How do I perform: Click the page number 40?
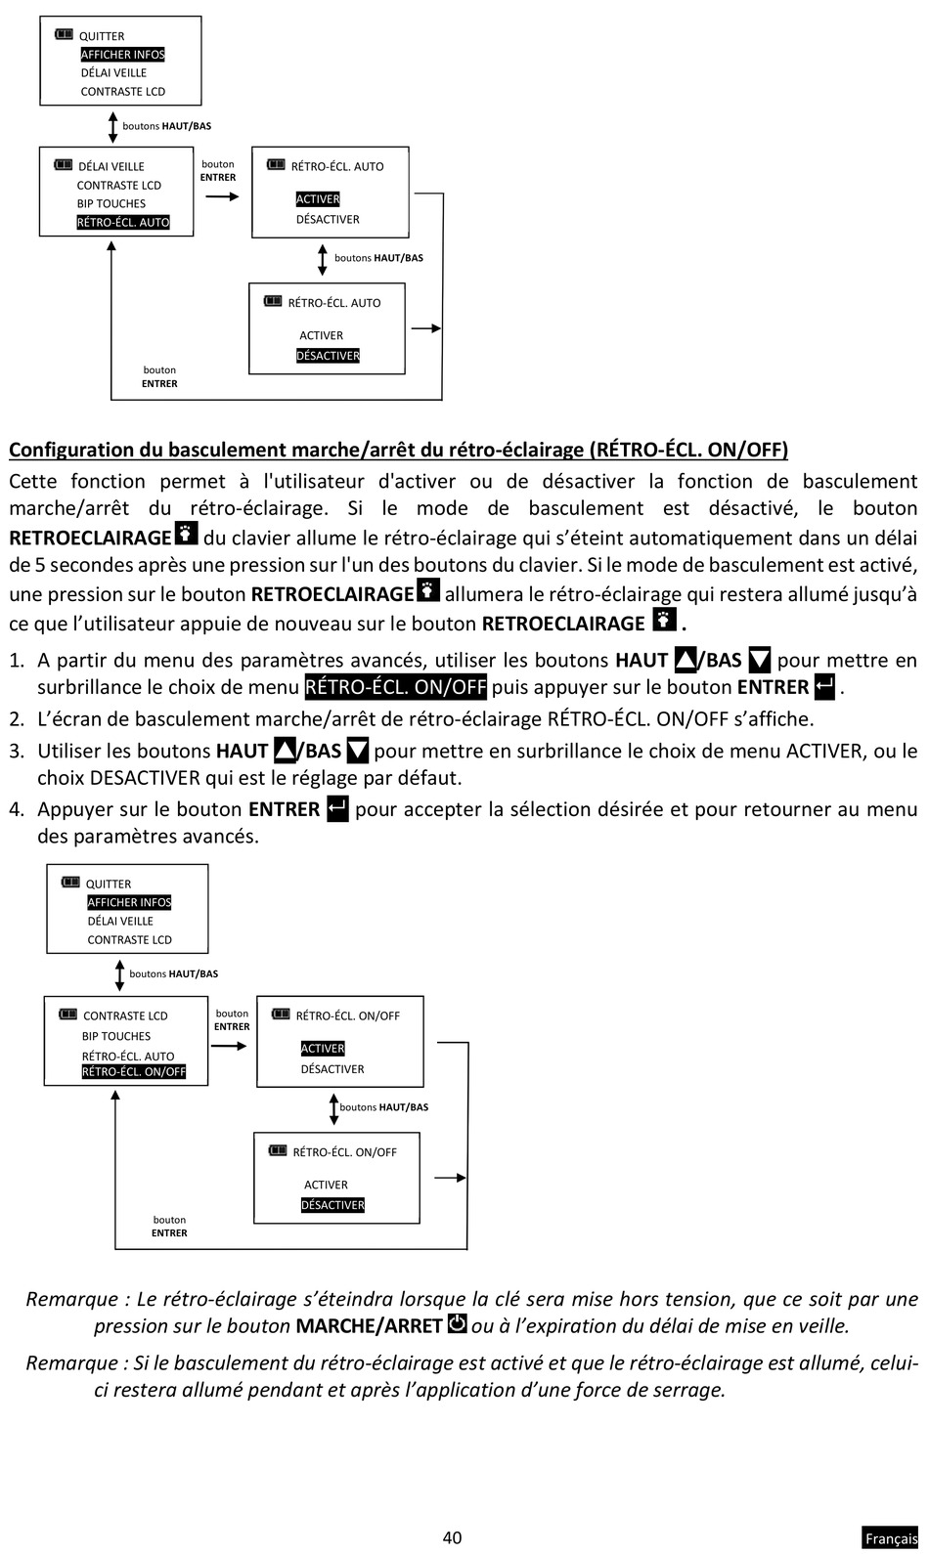452,1537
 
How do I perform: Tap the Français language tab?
891,1538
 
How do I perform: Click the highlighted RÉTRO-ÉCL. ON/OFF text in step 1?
395,687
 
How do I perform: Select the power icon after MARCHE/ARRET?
457,1324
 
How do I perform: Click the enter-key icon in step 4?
337,809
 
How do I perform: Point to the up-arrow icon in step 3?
286,751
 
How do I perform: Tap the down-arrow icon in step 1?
759,660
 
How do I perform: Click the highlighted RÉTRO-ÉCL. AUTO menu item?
123,222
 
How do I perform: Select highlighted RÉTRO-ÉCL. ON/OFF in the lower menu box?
134,1071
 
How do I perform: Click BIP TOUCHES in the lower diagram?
116,1036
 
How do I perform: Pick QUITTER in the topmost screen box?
102,36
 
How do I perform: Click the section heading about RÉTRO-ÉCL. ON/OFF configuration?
398,450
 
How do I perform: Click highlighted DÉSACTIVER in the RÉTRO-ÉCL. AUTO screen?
328,356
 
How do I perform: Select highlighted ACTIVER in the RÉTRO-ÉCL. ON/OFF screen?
323,1049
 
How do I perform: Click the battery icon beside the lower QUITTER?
70,882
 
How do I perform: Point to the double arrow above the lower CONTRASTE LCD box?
120,974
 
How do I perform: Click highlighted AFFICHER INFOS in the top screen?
122,55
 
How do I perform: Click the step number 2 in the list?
16,719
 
